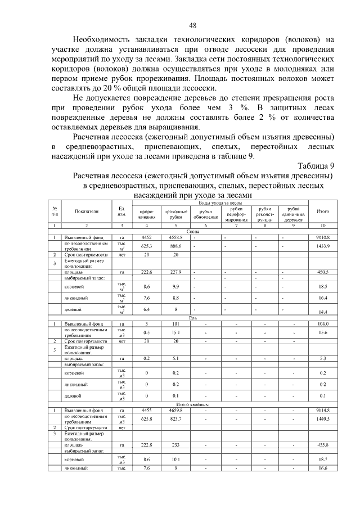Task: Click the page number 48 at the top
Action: pos(192,26)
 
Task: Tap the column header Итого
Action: pos(323,211)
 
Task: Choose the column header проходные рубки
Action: pos(175,214)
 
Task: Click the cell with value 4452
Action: pos(147,237)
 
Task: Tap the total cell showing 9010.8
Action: pos(323,237)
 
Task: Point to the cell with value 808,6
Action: pos(175,246)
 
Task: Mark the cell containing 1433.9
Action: pos(323,246)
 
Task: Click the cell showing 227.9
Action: pos(175,272)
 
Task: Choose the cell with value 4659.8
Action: pos(175,410)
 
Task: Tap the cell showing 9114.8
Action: pos(323,410)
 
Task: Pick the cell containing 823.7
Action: pos(175,419)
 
